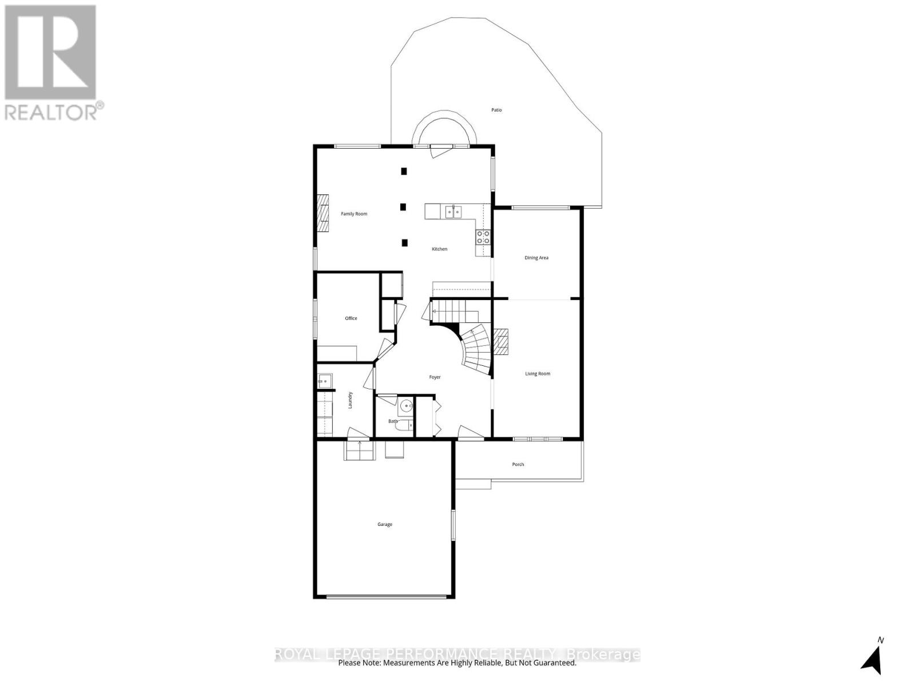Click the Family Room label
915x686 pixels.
pyautogui.click(x=354, y=214)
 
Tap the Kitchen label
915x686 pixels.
pyautogui.click(x=439, y=249)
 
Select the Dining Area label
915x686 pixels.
pyautogui.click(x=536, y=258)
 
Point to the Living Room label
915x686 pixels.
pyautogui.click(x=538, y=374)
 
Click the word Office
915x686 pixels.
pyautogui.click(x=351, y=318)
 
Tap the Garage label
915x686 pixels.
pyautogui.click(x=385, y=524)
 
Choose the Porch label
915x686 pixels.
pyautogui.click(x=518, y=464)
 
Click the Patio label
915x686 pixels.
pyautogui.click(x=496, y=110)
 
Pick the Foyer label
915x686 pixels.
pyautogui.click(x=435, y=377)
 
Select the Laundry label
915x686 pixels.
pyautogui.click(x=350, y=400)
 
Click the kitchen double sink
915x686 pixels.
pyautogui.click(x=453, y=212)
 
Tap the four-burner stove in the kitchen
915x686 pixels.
pyautogui.click(x=483, y=237)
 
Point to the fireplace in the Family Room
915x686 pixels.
pyautogui.click(x=324, y=213)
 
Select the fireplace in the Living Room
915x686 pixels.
pyautogui.click(x=501, y=342)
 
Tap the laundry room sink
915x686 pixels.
pyautogui.click(x=325, y=380)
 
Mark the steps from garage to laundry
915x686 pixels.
pyautogui.click(x=359, y=450)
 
